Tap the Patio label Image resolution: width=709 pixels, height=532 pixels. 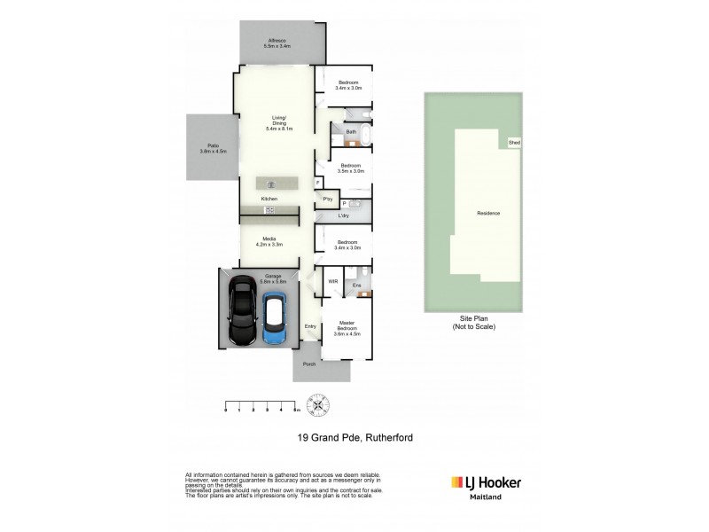coord(213,148)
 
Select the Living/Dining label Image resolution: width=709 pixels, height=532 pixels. coord(278,123)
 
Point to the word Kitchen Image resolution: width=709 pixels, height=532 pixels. coord(269,199)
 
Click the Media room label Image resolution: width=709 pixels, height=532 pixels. coord(269,240)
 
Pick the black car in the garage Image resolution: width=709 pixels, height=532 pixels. coord(243,313)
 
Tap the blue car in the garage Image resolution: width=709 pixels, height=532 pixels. coord(275,318)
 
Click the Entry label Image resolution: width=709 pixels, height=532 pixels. coord(310,326)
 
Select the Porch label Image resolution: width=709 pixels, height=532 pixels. coord(309,364)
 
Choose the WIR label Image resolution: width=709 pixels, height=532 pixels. coord(332,281)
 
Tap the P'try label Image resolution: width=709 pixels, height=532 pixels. coord(327,199)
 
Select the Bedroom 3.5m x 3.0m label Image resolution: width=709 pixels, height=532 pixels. coord(351,168)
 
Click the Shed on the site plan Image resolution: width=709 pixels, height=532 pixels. coord(513,143)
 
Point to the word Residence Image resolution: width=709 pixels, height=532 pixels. coord(488,214)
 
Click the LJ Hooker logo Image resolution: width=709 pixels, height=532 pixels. coord(487,483)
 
